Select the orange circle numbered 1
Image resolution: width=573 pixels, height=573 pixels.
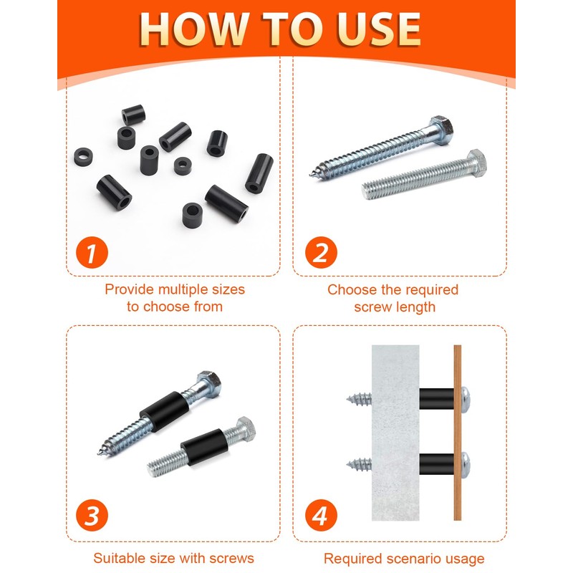click(x=92, y=253)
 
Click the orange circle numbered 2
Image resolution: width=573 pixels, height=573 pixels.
click(x=321, y=253)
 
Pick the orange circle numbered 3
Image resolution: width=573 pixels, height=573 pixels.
click(x=92, y=515)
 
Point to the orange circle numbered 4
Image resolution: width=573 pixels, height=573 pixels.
click(x=321, y=515)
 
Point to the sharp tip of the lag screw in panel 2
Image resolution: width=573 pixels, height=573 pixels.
click(x=311, y=175)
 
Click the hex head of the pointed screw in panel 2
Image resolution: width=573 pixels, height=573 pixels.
click(x=441, y=130)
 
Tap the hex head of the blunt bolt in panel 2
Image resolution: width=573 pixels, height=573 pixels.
click(x=477, y=162)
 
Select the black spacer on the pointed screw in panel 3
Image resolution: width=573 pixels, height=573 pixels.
click(x=165, y=411)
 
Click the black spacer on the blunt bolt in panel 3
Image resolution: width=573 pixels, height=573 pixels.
click(x=204, y=446)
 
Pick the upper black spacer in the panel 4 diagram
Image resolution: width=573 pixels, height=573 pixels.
click(x=436, y=398)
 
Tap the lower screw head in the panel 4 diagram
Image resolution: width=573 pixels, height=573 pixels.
click(x=466, y=464)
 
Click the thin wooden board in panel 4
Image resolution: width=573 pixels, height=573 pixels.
click(x=458, y=433)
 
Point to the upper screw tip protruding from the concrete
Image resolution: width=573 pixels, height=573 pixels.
click(x=359, y=399)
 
